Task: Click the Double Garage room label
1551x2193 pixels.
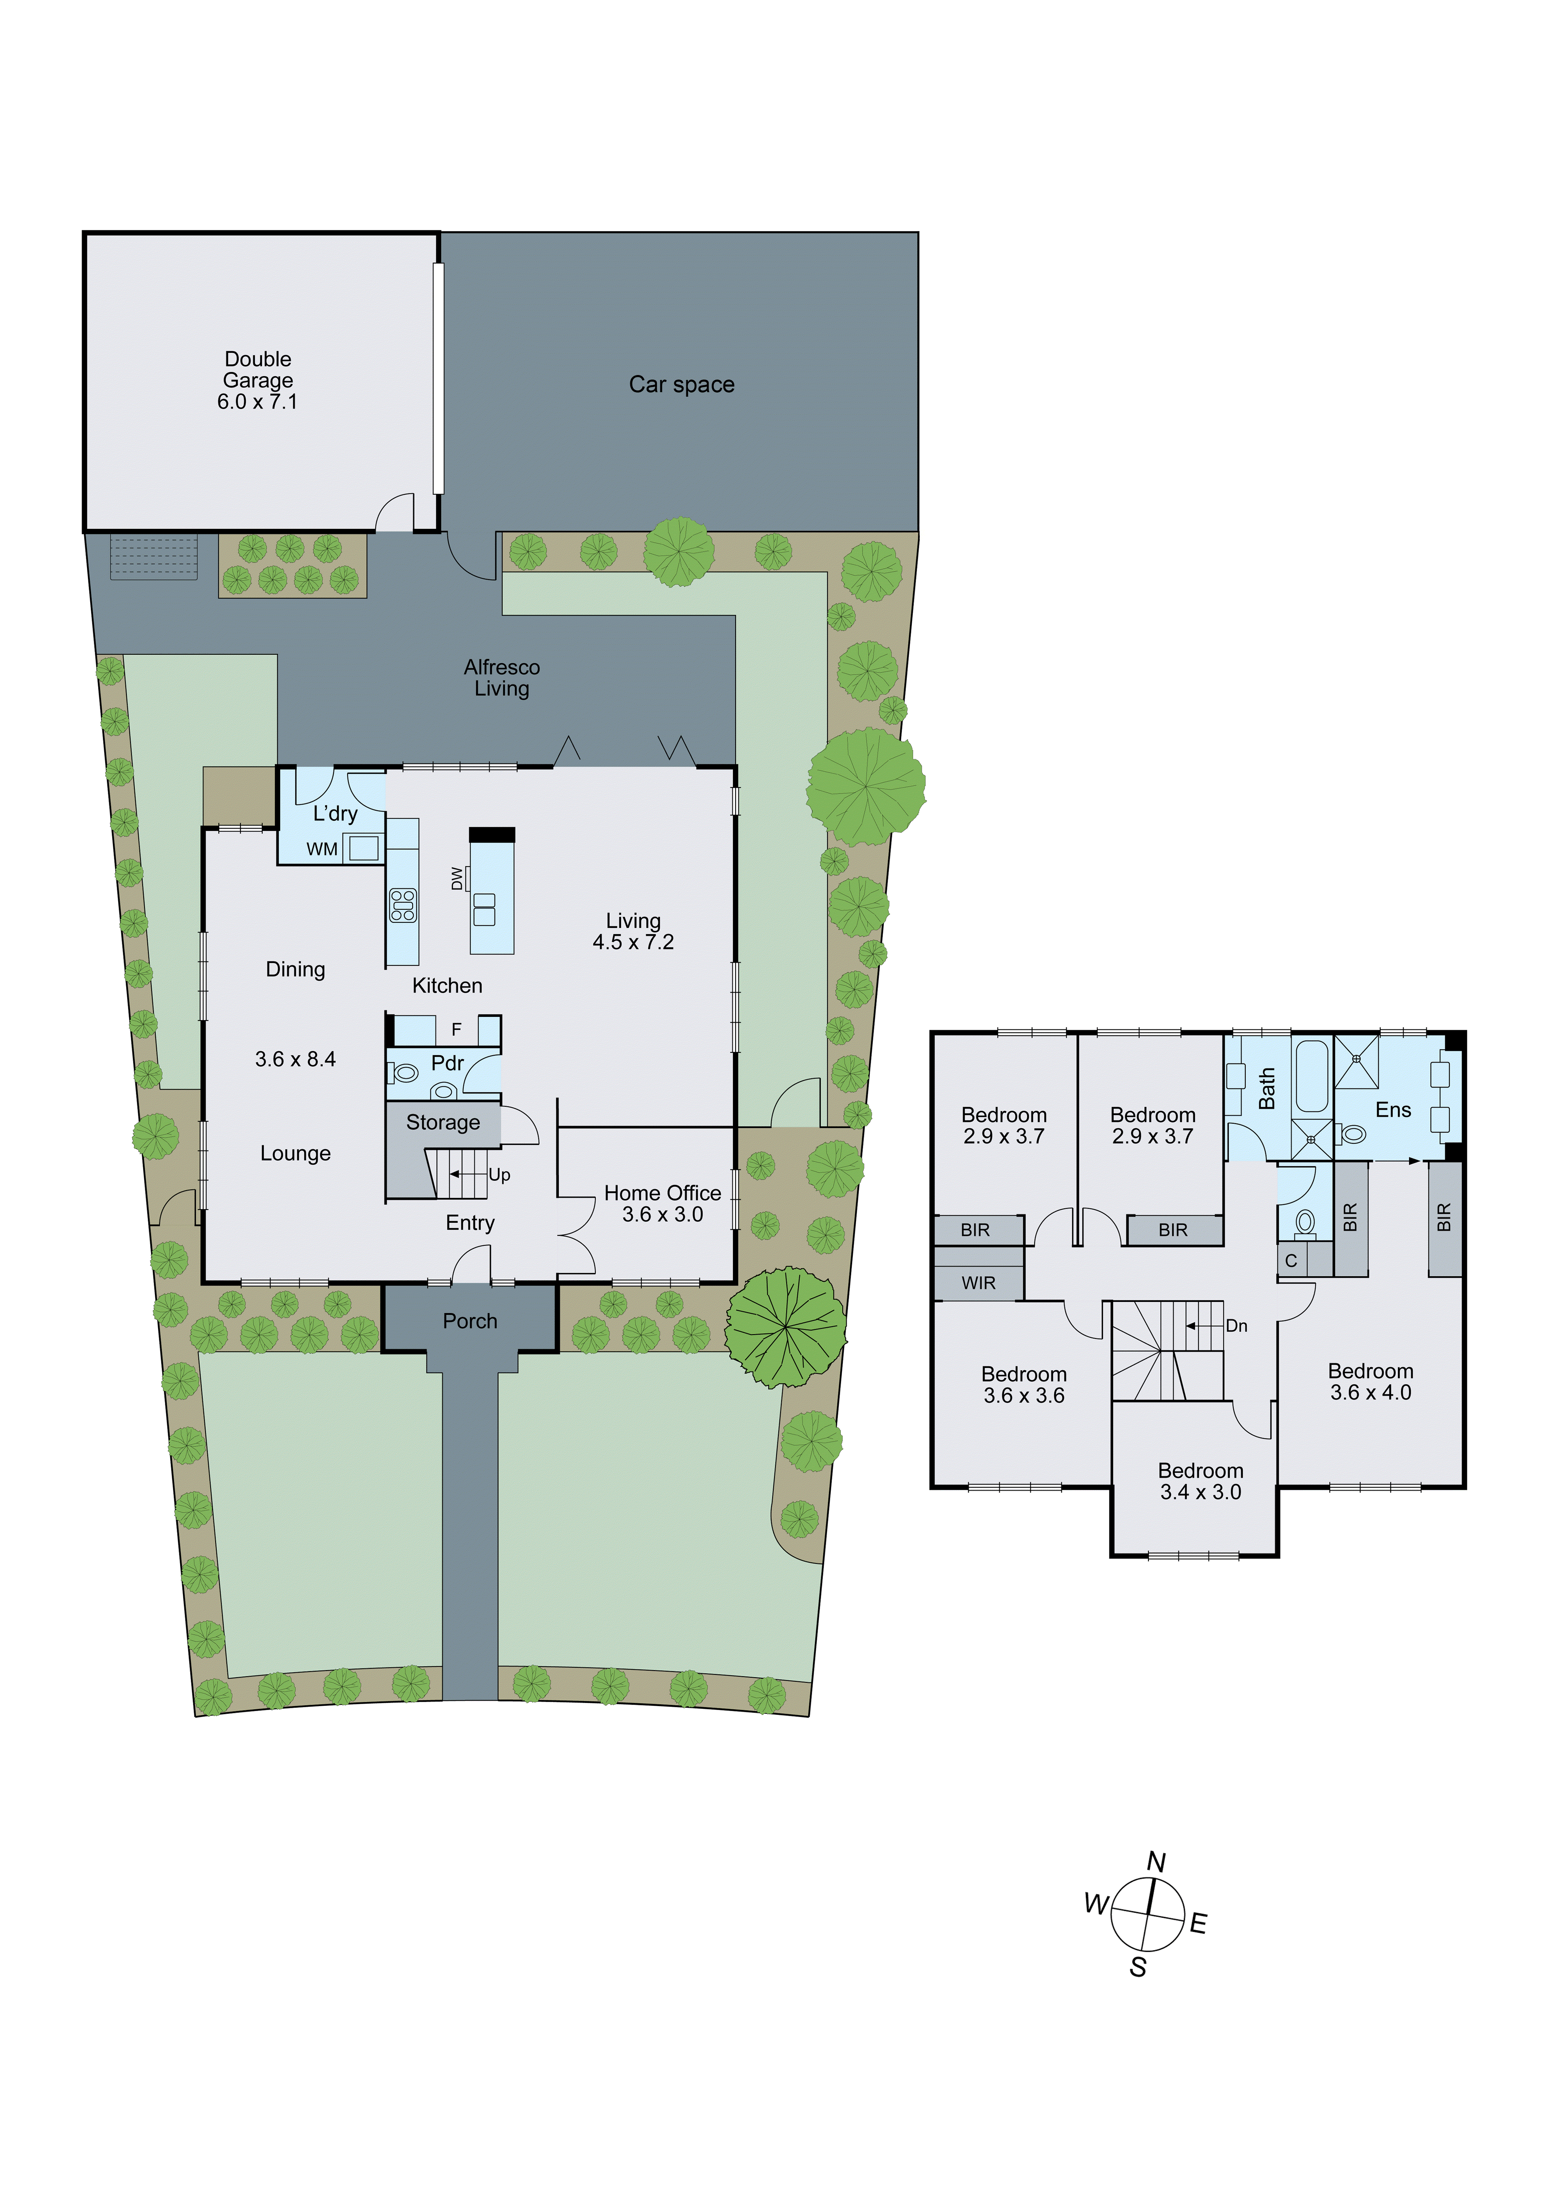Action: [258, 380]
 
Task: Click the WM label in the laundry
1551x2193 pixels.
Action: [322, 849]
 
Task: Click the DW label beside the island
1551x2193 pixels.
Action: [457, 879]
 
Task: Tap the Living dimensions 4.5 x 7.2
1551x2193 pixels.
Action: [633, 943]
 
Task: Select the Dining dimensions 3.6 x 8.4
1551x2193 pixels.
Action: [295, 1059]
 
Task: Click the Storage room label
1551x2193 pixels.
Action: [443, 1122]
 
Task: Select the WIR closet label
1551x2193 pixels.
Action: [978, 1283]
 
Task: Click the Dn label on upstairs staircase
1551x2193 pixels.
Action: [1237, 1326]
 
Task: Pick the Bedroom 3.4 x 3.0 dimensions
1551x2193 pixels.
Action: [1201, 1492]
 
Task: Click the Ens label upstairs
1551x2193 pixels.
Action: [1393, 1110]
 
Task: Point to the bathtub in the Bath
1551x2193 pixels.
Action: [1311, 1077]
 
